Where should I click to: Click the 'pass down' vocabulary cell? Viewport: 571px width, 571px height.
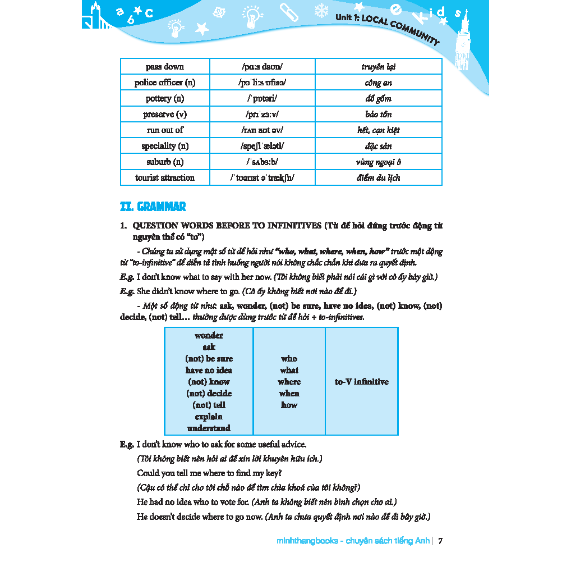(164, 67)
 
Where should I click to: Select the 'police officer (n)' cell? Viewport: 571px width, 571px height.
(164, 83)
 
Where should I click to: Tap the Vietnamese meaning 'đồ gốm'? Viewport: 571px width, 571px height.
(378, 99)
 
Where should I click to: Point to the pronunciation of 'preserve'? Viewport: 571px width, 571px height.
(261, 115)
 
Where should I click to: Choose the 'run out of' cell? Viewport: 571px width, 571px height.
(164, 130)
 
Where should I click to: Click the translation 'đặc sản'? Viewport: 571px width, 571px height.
(378, 146)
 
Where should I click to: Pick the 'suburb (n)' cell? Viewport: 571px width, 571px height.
(164, 162)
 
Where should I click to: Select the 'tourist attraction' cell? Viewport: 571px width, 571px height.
(164, 178)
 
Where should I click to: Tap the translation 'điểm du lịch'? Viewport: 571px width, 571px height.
(378, 178)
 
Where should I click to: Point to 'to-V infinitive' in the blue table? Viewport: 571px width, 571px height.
(361, 382)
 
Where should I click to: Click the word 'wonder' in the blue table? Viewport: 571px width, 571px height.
(209, 336)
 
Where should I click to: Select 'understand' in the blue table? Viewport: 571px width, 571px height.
(209, 428)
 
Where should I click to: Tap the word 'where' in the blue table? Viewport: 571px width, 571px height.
(289, 382)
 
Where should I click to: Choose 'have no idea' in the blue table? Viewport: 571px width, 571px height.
(209, 371)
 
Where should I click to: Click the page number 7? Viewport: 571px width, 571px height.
(440, 541)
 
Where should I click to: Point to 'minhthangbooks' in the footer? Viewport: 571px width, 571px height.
(307, 541)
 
